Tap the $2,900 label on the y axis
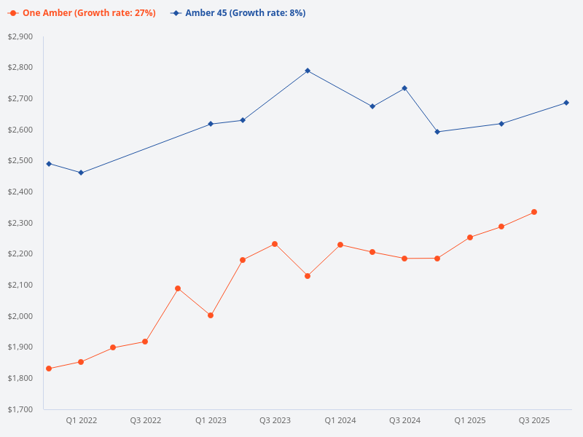20,36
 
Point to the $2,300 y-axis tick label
20,223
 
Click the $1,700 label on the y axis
20,409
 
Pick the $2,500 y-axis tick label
20,161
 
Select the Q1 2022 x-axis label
81,420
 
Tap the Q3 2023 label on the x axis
275,420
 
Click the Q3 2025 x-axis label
534,420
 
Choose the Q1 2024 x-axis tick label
340,420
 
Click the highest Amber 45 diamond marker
308,71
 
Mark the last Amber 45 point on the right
566,103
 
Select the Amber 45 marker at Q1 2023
211,124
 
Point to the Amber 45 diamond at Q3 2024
404,88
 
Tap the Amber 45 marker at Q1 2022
81,173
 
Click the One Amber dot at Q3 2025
534,212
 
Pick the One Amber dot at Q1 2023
211,315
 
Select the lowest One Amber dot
49,369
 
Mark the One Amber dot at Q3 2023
275,244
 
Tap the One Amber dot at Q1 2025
469,237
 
